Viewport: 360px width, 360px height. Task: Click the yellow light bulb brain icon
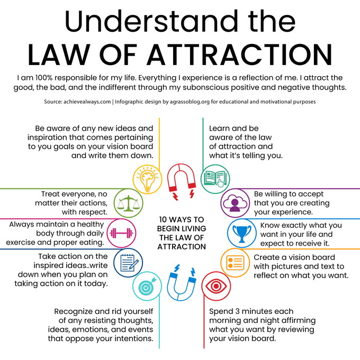(147, 179)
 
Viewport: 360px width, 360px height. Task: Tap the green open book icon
(215, 179)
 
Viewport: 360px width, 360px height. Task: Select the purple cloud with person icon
(235, 203)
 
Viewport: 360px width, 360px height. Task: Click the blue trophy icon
(242, 233)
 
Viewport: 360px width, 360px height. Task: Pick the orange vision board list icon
(235, 263)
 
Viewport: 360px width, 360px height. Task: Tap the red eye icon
(216, 286)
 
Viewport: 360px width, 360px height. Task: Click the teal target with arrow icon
(147, 286)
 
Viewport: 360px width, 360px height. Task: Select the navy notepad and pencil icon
(128, 263)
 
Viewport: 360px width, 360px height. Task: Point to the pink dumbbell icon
(121, 233)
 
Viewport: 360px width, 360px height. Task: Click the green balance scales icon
(128, 203)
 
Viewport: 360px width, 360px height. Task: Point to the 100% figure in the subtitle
(43, 78)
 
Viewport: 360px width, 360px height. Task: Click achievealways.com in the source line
(87, 102)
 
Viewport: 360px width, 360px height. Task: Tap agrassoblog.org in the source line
(190, 102)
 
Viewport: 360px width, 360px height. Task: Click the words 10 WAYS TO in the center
(182, 220)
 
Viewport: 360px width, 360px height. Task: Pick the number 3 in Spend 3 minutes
(237, 311)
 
